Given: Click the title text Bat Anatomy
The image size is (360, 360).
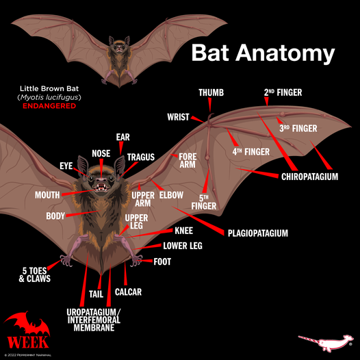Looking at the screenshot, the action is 263,53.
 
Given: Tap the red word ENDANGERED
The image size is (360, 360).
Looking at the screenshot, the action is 49,106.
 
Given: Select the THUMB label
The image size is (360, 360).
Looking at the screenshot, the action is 211,92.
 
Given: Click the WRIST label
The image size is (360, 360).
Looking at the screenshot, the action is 178,117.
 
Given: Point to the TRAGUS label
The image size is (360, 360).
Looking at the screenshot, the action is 141,157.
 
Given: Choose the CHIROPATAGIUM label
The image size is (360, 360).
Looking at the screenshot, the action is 310,177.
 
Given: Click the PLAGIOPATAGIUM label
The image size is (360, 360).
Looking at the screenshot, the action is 258,233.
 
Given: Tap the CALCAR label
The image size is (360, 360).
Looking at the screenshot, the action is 128,292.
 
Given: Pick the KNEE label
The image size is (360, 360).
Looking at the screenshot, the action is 183,231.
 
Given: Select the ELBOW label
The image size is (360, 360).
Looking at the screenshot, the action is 171,195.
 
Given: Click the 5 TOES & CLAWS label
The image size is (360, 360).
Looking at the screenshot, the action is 35,274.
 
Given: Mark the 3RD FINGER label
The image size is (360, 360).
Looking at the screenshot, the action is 298,129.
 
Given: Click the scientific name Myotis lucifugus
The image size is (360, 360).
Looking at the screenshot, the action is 49,97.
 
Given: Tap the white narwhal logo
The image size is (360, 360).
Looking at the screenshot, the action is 325,343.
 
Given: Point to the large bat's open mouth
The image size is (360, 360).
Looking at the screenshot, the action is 101,187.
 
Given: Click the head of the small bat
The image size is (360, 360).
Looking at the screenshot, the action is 119,45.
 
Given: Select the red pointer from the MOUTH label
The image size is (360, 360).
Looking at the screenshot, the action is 78,192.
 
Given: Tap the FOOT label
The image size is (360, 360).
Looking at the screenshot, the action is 162,261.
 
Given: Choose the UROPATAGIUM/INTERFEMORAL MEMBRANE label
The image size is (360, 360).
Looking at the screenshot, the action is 94,320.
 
